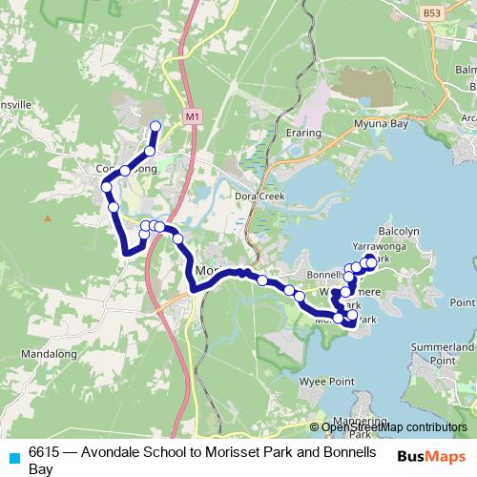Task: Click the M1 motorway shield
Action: tap(193, 115)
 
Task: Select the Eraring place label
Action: tap(303, 135)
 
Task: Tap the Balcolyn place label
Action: tap(399, 231)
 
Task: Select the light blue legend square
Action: tap(14, 456)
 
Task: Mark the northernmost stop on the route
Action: tap(156, 126)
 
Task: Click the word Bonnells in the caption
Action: tap(354, 452)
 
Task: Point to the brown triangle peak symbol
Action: tap(46, 218)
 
